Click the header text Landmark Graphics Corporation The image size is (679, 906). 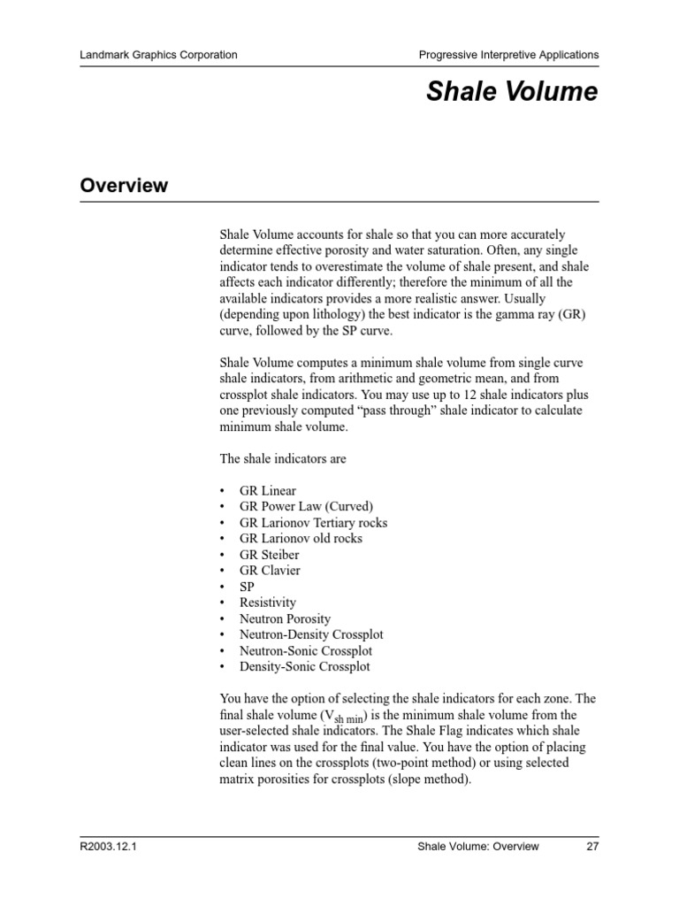158,55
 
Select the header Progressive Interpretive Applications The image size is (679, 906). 508,55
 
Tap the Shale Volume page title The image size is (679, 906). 512,92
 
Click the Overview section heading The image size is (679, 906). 124,186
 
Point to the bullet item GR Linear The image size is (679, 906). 268,491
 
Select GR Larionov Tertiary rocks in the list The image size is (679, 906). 313,523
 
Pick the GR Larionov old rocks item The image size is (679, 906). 301,539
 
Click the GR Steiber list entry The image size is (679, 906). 269,555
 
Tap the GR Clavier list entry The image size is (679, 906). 270,571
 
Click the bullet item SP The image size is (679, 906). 247,587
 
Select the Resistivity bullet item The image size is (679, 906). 268,603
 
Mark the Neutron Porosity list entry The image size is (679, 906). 285,619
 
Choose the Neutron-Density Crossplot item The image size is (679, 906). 311,635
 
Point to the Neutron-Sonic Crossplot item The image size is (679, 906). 306,651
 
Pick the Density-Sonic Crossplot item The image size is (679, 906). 305,667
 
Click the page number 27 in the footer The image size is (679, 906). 591,847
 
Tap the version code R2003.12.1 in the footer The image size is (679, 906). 109,847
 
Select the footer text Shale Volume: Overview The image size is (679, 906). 477,847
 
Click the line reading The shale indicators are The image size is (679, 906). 283,459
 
